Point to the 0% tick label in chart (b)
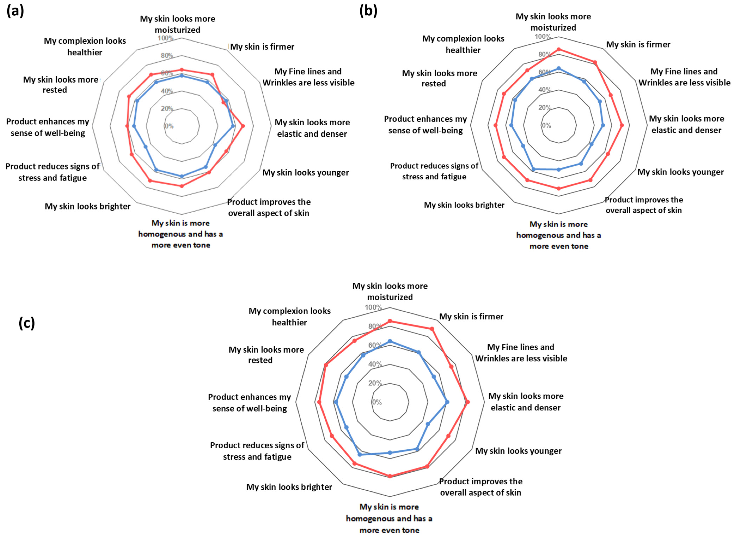[x=546, y=126]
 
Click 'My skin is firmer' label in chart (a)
[x=262, y=47]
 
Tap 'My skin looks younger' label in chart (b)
[x=680, y=172]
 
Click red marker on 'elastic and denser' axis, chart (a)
[x=243, y=126]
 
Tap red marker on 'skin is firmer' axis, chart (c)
[x=432, y=329]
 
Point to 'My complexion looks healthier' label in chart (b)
[x=463, y=44]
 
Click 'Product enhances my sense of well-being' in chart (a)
[x=48, y=127]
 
